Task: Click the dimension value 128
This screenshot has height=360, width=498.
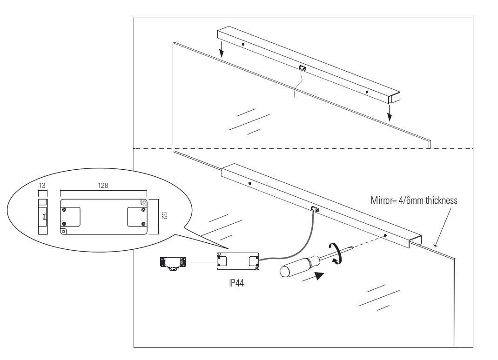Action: tap(103, 185)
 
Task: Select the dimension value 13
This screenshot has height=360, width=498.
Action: tap(42, 185)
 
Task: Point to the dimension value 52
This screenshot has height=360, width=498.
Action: tap(164, 215)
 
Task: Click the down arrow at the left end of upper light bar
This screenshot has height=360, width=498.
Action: tap(222, 47)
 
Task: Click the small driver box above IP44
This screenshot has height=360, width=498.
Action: tap(238, 261)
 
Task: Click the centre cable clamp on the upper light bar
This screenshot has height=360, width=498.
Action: tap(303, 68)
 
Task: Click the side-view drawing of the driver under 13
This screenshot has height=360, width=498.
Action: tap(43, 217)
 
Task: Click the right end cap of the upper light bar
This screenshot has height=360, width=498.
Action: tap(395, 98)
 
